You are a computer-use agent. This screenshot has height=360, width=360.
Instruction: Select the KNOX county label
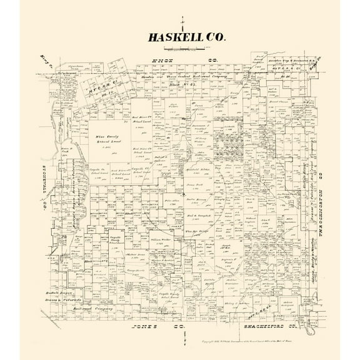coord(161,61)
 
